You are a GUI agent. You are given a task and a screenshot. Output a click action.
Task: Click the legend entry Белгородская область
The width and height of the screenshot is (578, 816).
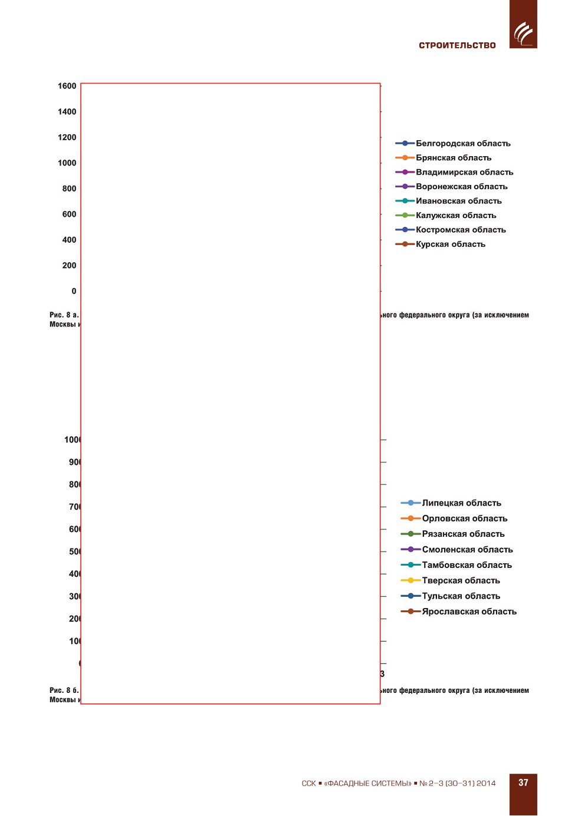462,143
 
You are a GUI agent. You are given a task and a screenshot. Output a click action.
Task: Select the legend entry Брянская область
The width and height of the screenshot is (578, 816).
453,158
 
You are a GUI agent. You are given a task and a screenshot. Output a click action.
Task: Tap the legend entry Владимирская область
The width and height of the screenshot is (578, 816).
464,172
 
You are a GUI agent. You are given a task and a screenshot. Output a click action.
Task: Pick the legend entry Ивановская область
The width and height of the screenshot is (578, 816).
458,201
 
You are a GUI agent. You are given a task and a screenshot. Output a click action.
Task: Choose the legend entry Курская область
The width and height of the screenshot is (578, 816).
450,244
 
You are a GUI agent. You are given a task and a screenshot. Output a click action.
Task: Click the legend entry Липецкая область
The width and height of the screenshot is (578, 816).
461,503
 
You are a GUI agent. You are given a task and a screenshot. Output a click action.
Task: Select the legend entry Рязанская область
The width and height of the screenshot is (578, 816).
463,534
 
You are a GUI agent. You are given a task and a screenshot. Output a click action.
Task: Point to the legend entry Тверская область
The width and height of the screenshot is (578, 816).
461,580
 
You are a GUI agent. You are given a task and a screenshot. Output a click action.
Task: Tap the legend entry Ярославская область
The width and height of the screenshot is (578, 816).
469,612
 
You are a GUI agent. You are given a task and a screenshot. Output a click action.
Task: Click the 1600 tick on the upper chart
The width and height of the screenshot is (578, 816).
67,86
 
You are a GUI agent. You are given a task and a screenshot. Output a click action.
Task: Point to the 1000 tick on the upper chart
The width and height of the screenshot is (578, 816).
67,163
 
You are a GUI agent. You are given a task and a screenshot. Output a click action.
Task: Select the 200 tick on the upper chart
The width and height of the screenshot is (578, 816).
69,266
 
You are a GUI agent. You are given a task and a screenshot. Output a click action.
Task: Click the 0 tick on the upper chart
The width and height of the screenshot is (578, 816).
74,291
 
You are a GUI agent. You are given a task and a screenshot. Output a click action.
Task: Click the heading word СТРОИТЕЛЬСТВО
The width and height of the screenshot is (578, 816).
457,45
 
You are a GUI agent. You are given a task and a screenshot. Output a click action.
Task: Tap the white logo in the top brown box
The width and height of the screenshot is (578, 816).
523,33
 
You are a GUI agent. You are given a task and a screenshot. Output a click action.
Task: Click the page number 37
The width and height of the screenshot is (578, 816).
523,783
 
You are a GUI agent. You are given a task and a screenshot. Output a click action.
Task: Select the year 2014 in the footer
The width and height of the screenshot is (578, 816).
486,784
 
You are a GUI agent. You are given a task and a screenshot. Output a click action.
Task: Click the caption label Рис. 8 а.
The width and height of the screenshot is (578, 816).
64,315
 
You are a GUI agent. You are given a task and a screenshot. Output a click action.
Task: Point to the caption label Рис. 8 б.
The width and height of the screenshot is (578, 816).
64,691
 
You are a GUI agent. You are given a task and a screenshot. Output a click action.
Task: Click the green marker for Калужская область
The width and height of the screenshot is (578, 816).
405,215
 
